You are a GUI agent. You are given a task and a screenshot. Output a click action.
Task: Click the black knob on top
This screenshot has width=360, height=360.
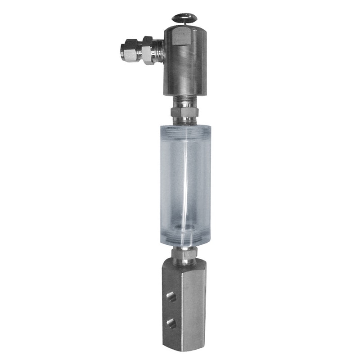point(184,18)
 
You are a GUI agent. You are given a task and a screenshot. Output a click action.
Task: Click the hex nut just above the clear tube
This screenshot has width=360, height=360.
point(184,112)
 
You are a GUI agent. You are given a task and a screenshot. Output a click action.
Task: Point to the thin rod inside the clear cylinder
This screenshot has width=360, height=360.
point(185,180)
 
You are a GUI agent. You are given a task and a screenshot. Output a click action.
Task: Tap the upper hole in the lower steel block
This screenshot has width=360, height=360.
point(171,297)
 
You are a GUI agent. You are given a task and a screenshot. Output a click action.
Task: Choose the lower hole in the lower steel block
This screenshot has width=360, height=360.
point(171,322)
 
